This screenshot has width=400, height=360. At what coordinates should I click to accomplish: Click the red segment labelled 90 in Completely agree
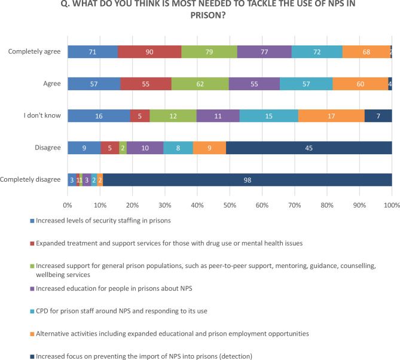click(149, 52)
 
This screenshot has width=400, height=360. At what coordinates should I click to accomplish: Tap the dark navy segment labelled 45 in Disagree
click(309, 148)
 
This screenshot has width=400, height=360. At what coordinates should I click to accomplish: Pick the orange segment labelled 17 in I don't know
click(331, 116)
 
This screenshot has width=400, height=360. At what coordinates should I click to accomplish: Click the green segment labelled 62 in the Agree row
click(200, 84)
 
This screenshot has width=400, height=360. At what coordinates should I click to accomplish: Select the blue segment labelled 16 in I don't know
click(99, 116)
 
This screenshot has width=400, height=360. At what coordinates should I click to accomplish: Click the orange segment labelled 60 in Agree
click(360, 84)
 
